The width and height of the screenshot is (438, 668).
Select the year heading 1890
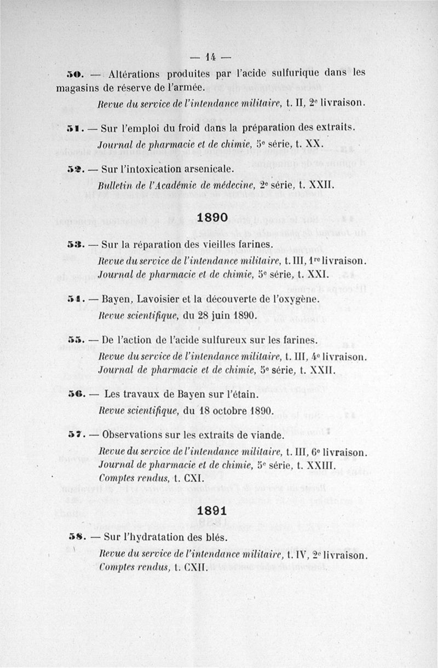pos(213,217)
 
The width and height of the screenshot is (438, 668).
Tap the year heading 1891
pos(213,510)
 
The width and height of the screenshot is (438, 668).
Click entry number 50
pos(74,73)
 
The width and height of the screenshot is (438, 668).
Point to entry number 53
pos(74,243)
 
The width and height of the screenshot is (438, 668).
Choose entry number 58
pos(74,538)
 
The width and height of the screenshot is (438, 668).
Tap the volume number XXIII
pos(319,466)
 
